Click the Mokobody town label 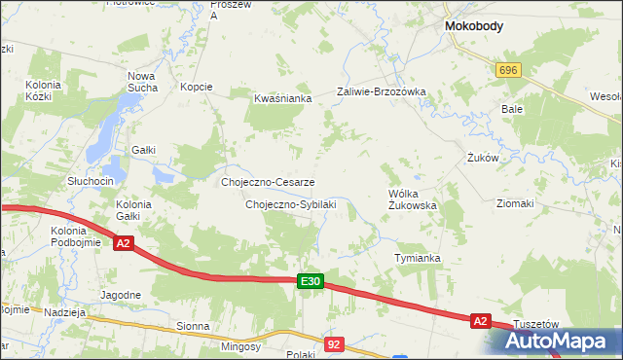click(x=473, y=27)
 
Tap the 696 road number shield click(x=508, y=71)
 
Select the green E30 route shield click(x=310, y=282)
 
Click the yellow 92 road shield click(x=335, y=344)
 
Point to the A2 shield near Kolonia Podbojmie click(x=123, y=243)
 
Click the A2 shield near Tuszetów click(x=479, y=320)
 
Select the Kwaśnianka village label click(x=282, y=98)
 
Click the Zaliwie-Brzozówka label click(x=382, y=92)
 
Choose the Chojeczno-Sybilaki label click(x=291, y=204)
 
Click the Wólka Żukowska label click(x=413, y=199)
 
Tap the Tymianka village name click(x=417, y=258)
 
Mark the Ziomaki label click(x=515, y=203)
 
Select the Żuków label click(x=483, y=157)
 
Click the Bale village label click(x=512, y=110)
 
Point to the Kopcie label click(x=197, y=87)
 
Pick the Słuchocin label click(x=91, y=182)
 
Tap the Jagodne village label click(x=121, y=293)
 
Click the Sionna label click(x=193, y=328)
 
